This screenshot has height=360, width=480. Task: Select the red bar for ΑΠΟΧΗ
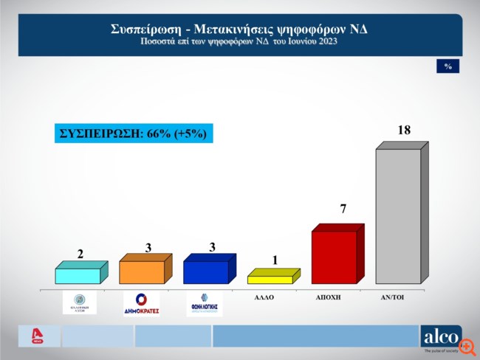(x=334, y=257)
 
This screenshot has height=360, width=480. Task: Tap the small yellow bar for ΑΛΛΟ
(x=270, y=280)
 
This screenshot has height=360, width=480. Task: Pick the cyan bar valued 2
(x=78, y=276)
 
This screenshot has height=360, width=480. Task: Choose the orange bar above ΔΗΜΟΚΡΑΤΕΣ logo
(x=142, y=272)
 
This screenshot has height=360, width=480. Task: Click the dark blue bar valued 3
(x=205, y=272)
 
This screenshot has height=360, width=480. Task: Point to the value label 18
(x=404, y=131)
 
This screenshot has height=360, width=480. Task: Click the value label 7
(x=343, y=210)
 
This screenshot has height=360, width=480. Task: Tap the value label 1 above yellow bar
(x=275, y=260)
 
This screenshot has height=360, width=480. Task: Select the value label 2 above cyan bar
(x=80, y=254)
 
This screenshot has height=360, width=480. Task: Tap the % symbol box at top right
(x=448, y=66)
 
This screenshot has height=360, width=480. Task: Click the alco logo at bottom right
(x=440, y=337)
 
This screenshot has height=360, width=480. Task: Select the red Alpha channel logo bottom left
(x=33, y=336)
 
